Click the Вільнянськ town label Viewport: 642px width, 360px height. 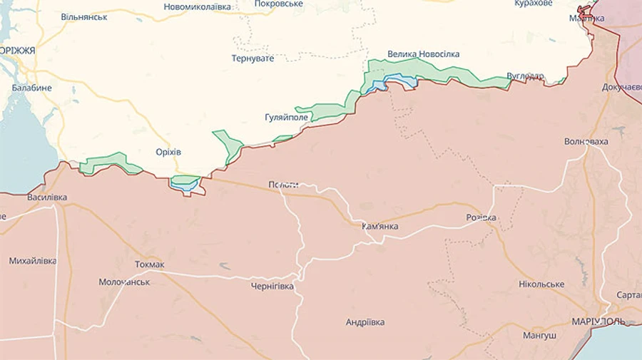(x=84, y=16)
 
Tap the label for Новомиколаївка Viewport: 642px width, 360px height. (x=198, y=6)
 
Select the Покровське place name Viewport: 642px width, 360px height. (x=279, y=4)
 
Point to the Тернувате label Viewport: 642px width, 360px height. (x=253, y=58)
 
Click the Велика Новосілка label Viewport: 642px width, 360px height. (x=424, y=54)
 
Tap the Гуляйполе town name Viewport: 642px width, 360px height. (x=286, y=118)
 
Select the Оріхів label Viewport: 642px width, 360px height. (x=168, y=152)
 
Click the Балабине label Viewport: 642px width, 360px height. (x=31, y=88)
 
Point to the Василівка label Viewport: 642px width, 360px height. (x=47, y=197)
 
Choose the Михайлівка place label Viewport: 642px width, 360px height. (x=33, y=261)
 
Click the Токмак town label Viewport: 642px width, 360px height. (x=150, y=264)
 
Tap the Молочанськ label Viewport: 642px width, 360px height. (x=124, y=282)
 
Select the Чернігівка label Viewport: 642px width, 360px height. (x=272, y=287)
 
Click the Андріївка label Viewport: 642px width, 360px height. (x=365, y=322)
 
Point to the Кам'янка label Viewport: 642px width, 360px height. (x=380, y=227)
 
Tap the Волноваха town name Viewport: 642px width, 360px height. (x=586, y=141)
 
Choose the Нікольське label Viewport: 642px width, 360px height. (x=541, y=284)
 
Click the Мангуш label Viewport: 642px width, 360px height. (x=539, y=335)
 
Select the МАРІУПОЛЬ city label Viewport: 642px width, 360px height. (x=598, y=322)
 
